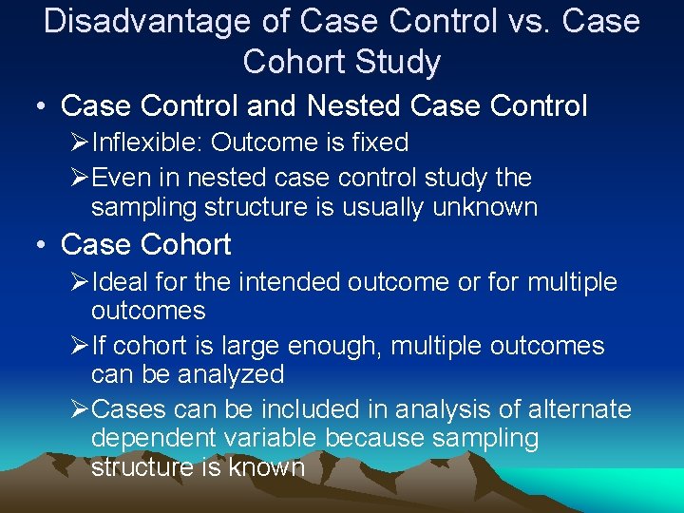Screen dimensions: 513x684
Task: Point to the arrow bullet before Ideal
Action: pos(80,282)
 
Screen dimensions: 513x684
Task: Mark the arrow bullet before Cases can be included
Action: pos(80,409)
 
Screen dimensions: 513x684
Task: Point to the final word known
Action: pos(268,466)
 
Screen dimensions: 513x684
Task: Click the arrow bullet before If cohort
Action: pos(80,346)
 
